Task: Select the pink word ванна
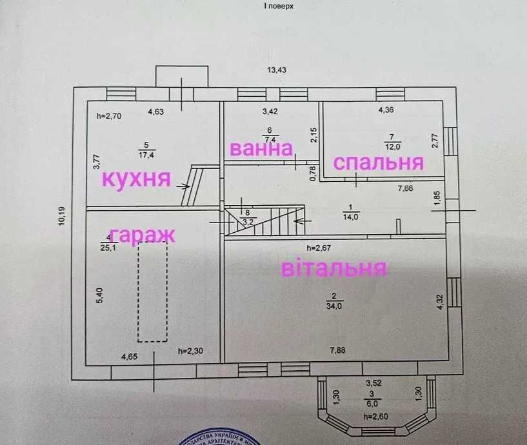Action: tap(261, 148)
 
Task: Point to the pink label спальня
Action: tap(378, 163)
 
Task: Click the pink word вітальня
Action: tap(333, 267)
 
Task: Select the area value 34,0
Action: tap(333, 306)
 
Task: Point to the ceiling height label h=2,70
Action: tap(109, 116)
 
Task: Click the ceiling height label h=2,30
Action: tap(191, 351)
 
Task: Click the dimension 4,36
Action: tap(386, 110)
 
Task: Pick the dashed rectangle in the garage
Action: tap(152, 293)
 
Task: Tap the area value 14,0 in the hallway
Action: tap(350, 217)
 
